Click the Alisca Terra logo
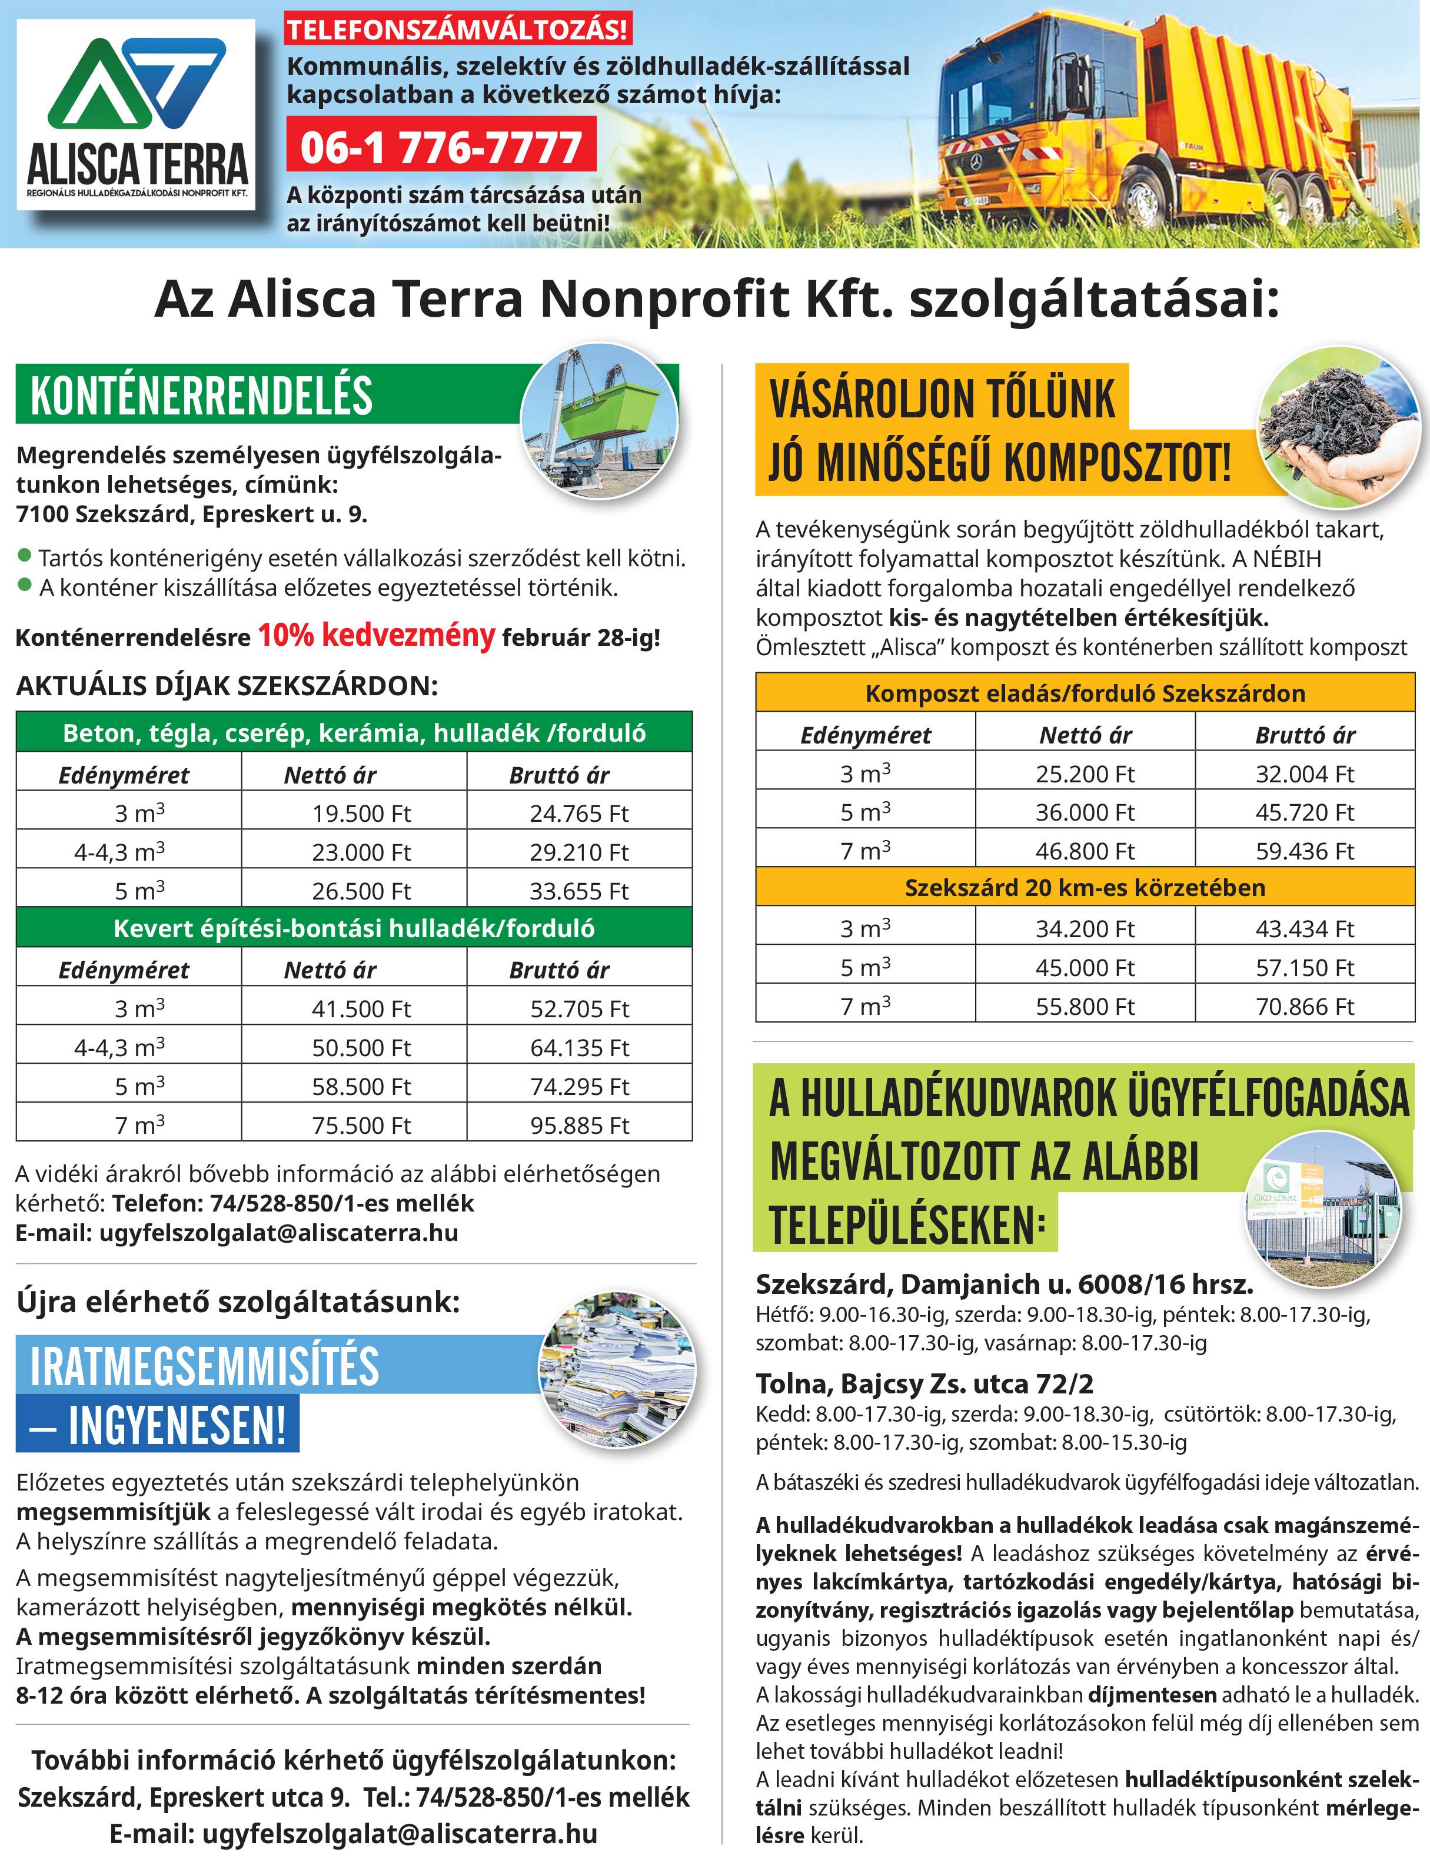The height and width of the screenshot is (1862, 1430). pos(136,115)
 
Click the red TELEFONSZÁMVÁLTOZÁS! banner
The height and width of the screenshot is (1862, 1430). pos(457,31)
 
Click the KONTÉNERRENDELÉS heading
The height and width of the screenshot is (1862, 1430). pos(202,396)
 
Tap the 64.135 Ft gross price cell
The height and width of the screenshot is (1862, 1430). pos(579,1047)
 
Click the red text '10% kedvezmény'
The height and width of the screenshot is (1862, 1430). pos(375,636)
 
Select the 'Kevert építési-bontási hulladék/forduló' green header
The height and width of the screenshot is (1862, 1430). pos(353,928)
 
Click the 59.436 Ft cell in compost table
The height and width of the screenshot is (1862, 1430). pos(1304,851)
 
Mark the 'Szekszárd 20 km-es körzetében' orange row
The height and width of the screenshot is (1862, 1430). pos(1085,888)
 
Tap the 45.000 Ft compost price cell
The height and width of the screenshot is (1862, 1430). pos(1085,967)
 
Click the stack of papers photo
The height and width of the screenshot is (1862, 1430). pos(617,1372)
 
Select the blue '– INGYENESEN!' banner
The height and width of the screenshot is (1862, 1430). pos(158,1425)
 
